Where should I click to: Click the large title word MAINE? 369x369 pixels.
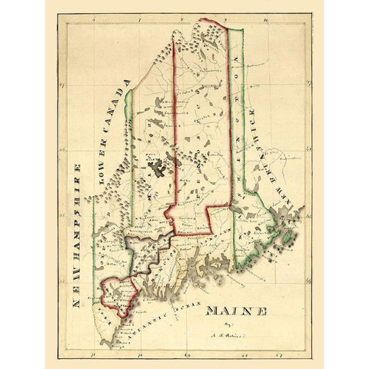[235, 311]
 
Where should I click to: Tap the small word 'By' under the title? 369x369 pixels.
[228, 326]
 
